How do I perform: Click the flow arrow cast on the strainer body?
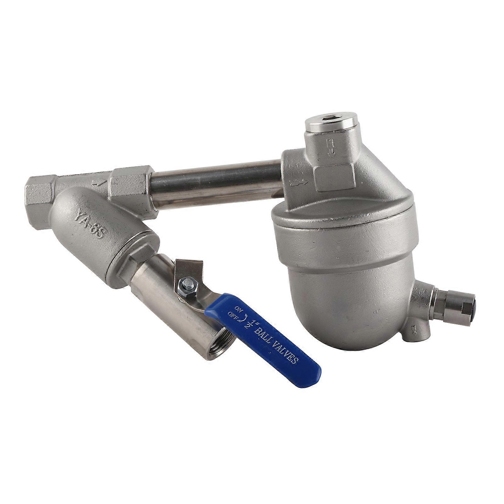coord(98,182)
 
